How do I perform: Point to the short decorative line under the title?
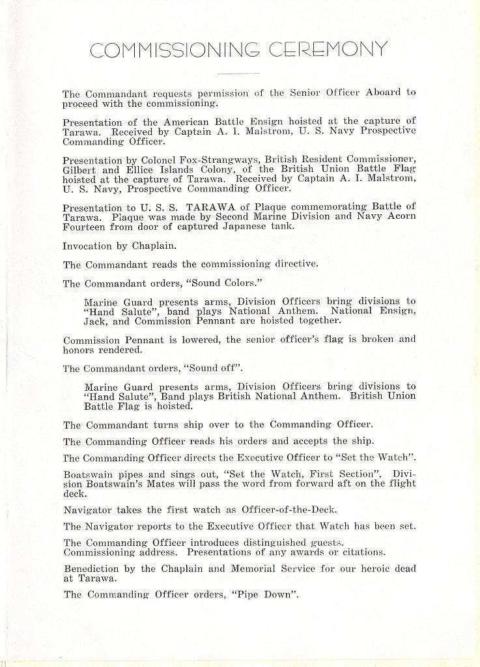[238, 73]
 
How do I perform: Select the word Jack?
[96, 321]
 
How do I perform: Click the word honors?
[79, 350]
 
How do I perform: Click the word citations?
[360, 552]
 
